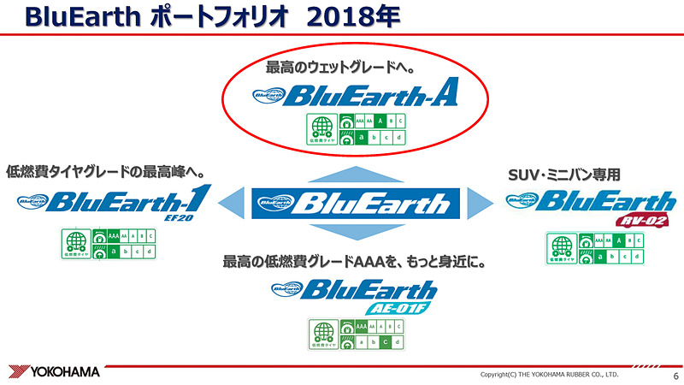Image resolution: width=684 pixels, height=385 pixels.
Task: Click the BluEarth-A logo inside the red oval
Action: point(356,96)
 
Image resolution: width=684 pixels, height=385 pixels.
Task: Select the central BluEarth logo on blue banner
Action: point(353,204)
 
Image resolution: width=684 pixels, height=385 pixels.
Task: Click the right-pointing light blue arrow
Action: point(481,204)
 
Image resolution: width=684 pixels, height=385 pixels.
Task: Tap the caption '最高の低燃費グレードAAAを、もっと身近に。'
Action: point(354,262)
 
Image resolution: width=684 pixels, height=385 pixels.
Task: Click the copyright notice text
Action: point(549,375)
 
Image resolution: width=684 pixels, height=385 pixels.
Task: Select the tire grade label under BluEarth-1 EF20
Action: point(109,245)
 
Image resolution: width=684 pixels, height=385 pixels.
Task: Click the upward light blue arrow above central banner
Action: point(353,175)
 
